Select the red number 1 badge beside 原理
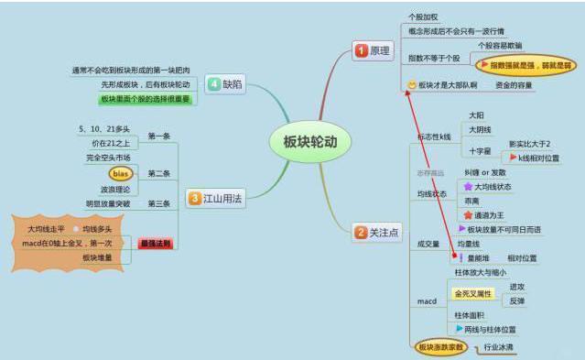click(x=361, y=50)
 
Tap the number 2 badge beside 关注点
click(x=361, y=233)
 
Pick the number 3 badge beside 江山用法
click(x=194, y=197)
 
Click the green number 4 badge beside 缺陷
click(x=213, y=83)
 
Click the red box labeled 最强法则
click(x=156, y=244)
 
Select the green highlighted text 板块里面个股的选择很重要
click(x=145, y=99)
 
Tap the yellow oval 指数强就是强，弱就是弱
click(x=527, y=65)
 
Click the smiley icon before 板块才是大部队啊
click(x=411, y=85)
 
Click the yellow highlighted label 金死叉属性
click(x=473, y=294)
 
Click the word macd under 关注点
click(x=428, y=301)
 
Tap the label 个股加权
click(x=423, y=17)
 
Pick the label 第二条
click(x=158, y=173)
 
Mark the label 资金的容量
click(x=514, y=85)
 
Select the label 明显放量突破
click(x=108, y=203)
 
